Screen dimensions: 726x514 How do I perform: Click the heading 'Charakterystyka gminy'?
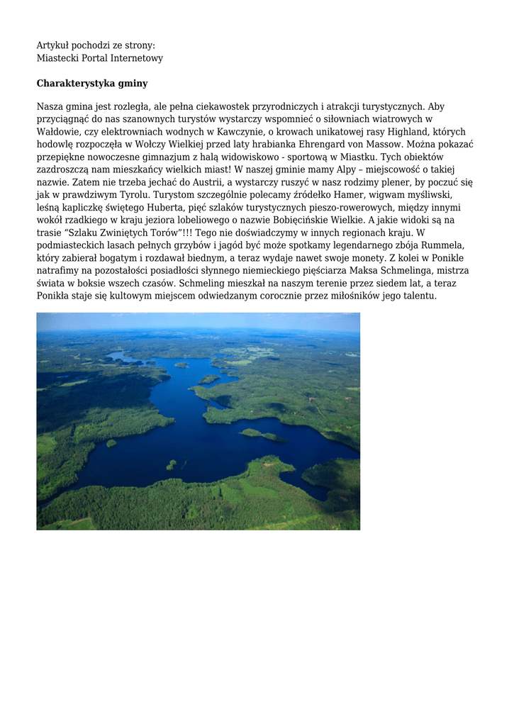pos(92,84)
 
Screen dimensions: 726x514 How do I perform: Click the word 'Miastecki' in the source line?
pos(59,58)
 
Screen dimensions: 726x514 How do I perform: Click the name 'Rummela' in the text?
pos(445,245)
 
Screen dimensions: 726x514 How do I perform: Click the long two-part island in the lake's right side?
pos(262,434)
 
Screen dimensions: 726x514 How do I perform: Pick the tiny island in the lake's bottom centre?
pos(171,465)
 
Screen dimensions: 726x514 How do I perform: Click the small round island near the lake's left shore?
pos(111,443)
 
